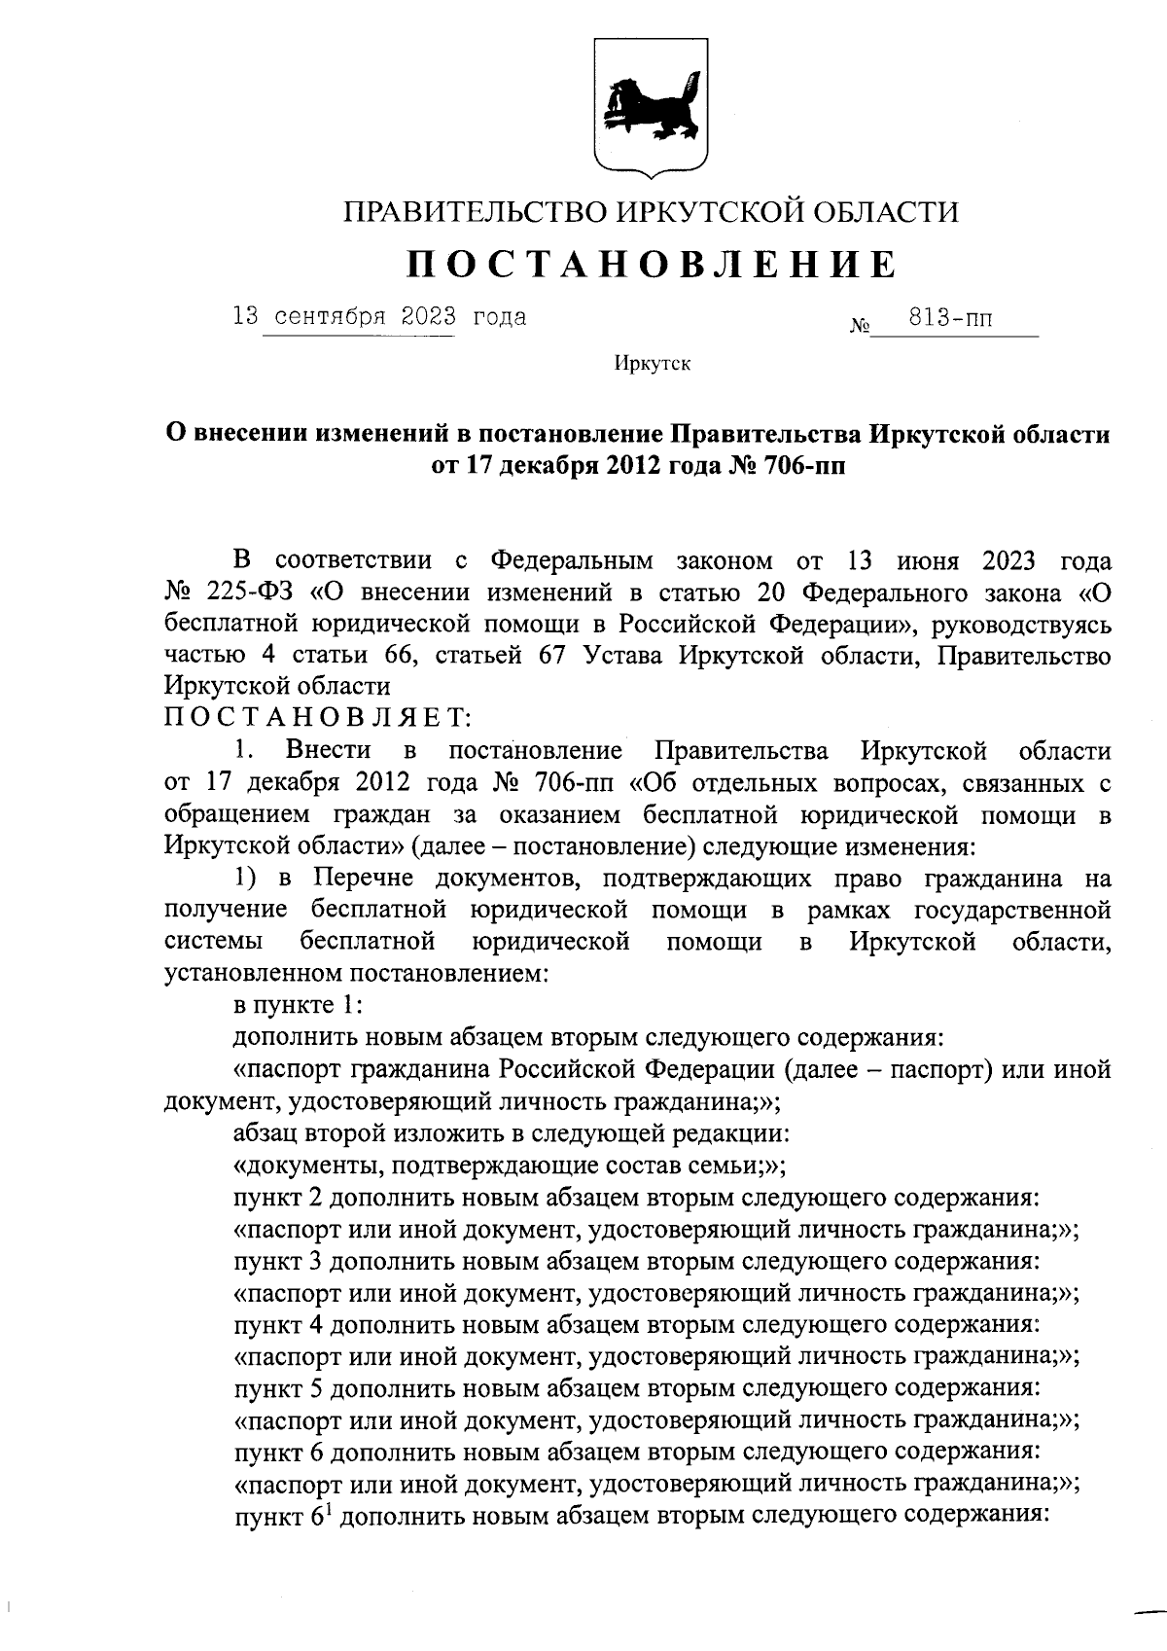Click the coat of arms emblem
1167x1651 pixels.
click(x=651, y=108)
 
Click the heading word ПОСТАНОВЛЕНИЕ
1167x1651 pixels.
click(x=651, y=264)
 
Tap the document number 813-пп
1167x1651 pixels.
click(x=949, y=318)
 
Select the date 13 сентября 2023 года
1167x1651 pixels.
click(x=379, y=317)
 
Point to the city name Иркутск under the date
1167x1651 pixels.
click(x=652, y=364)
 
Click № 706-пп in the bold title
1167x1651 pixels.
click(x=787, y=465)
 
